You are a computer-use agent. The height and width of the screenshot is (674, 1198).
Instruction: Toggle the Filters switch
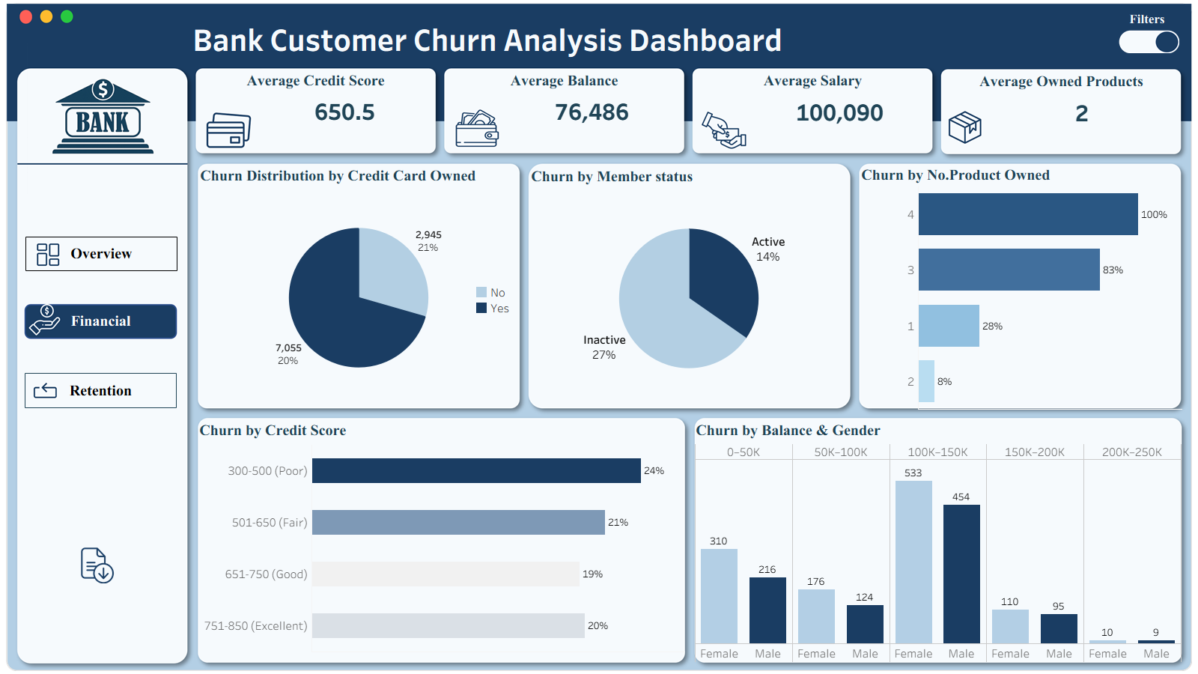1149,42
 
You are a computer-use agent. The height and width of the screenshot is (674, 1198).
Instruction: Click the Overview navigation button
101,254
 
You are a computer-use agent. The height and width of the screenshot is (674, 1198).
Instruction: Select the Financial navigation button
101,321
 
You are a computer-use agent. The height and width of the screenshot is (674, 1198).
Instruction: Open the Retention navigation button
101,391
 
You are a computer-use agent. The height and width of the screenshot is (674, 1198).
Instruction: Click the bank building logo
103,117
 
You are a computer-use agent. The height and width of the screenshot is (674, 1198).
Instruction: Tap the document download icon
97,565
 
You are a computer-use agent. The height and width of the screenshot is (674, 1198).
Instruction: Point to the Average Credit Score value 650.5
344,112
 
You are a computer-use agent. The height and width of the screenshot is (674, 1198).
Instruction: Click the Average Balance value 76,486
592,112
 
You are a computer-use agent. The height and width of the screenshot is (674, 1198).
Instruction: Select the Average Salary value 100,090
839,113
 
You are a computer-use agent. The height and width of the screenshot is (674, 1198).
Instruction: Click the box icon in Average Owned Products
964,127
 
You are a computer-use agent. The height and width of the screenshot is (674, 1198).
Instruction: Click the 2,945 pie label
428,234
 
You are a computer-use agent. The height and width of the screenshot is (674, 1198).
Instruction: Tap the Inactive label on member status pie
604,340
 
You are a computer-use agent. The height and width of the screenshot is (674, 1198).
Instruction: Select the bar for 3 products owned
1009,270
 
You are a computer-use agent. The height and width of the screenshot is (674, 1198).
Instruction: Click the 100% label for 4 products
1154,215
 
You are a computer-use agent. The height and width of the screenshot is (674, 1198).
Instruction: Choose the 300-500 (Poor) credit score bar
476,470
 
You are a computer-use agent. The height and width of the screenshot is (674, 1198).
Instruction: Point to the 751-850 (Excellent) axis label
255,626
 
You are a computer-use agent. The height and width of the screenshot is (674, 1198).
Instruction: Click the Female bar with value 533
913,562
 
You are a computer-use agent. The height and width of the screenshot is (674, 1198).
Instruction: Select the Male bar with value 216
767,610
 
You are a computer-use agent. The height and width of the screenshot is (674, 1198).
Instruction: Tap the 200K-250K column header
1131,452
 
